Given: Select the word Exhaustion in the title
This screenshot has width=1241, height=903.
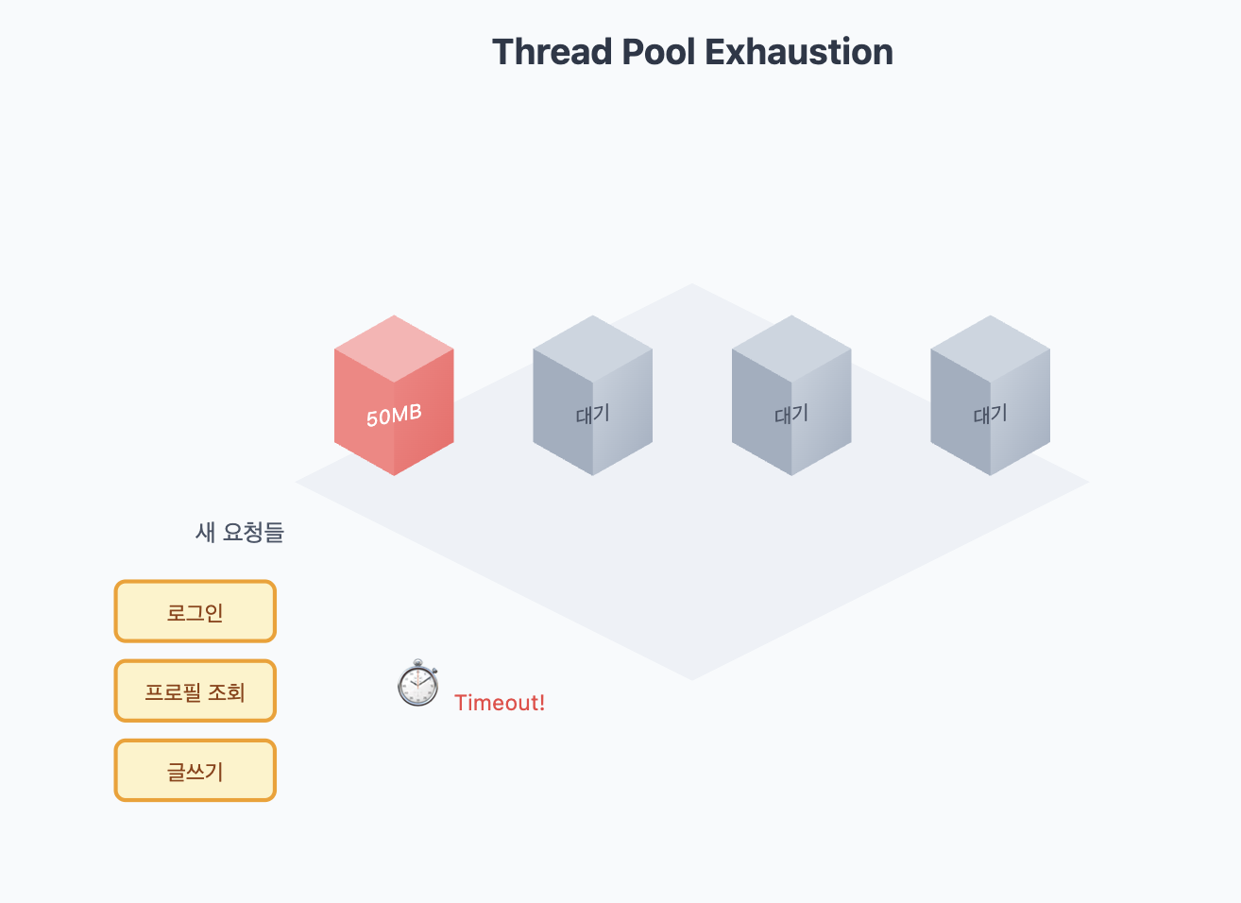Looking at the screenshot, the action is pos(799,52).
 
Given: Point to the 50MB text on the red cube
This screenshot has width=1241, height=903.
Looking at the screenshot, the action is pos(394,415).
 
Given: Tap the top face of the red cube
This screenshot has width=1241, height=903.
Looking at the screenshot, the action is pos(394,347).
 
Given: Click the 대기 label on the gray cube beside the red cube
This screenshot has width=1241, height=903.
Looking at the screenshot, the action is pos(592,414).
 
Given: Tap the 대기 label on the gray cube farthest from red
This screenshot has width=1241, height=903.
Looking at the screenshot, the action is pos(990,414).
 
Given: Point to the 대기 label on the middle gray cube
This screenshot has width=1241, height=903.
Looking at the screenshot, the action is pos(791,414).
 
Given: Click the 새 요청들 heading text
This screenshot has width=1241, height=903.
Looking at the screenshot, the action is pos(239,533).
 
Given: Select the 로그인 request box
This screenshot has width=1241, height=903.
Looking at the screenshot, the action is pos(195,612).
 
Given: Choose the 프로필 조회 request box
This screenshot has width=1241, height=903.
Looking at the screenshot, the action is pos(195,691).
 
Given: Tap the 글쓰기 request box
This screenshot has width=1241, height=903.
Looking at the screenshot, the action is pos(195,771).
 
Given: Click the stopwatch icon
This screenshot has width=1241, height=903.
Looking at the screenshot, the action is pos(417,684).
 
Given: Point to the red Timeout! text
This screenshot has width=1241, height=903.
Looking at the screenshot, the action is pos(500,703).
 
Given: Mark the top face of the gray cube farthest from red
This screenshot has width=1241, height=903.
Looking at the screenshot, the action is pos(990,347).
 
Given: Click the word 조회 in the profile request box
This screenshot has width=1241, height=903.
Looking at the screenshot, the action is pos(227,692).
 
